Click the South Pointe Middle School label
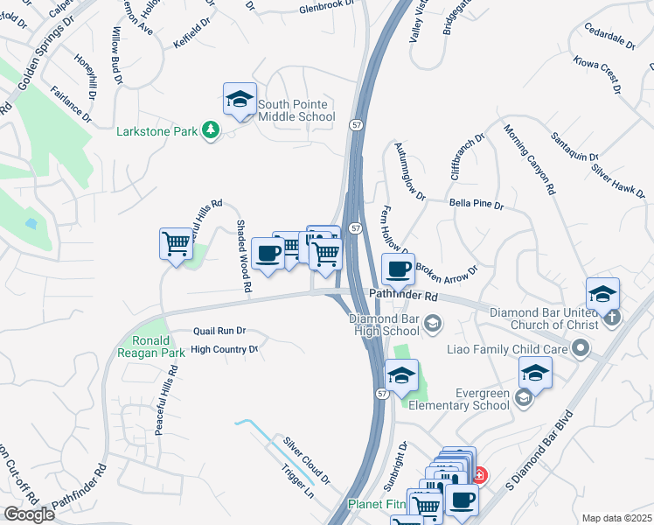click(296, 110)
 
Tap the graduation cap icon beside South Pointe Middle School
click(239, 101)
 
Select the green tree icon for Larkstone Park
click(210, 130)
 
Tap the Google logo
click(29, 514)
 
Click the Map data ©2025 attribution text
click(616, 518)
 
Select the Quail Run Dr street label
click(219, 332)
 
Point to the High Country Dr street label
click(225, 349)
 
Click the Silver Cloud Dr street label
click(305, 460)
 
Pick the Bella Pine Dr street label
click(477, 204)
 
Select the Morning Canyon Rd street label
click(530, 160)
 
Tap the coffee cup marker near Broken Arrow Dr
click(398, 269)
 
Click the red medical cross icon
click(479, 477)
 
